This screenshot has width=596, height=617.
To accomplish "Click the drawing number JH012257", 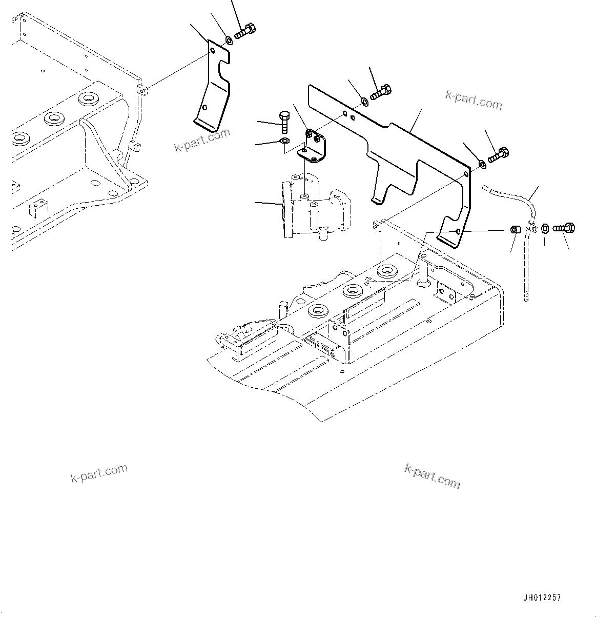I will point(542,598).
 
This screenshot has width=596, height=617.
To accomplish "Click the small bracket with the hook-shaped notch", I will point(213,87).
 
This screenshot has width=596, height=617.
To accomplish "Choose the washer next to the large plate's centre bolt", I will point(364,101).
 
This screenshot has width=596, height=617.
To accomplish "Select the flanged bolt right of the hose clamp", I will point(564,228).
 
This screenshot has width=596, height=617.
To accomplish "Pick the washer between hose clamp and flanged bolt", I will point(545,228).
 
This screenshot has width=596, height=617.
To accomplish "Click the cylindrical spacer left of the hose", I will point(516,229).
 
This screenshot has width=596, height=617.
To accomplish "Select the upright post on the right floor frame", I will point(423,270).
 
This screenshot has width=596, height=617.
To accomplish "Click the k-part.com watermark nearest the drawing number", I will point(432,475).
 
